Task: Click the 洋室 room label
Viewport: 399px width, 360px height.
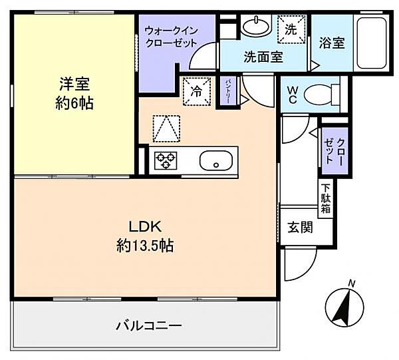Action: coord(74,85)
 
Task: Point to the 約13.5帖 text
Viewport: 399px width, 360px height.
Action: coord(145,246)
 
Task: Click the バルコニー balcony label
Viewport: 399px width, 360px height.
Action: coord(150,325)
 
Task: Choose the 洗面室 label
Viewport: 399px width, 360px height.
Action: coord(263,57)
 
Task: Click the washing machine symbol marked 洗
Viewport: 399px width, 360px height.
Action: coord(291,29)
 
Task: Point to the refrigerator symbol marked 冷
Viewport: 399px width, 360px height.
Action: coord(197,90)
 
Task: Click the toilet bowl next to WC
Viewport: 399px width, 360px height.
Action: coord(317,94)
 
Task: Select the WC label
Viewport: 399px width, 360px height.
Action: coord(291,95)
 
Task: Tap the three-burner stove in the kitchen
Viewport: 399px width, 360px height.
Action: coord(165,160)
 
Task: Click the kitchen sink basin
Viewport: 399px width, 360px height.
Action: coord(215,160)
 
